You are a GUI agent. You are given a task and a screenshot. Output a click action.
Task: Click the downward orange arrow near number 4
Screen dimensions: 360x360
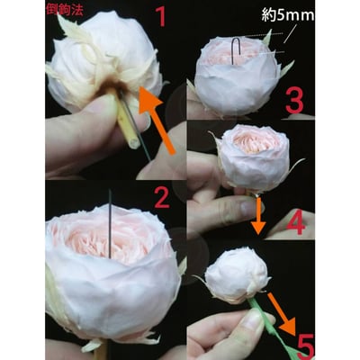click(258, 213)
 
